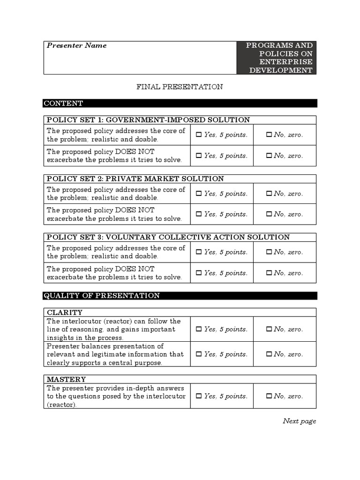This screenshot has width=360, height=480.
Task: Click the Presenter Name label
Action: tap(76, 45)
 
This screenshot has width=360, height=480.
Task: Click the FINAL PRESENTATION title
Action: tap(180, 87)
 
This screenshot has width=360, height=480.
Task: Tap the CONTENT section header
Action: tap(63, 103)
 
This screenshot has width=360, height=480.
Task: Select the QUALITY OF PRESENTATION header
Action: tap(102, 296)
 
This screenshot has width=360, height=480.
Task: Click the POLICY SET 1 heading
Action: tap(148, 120)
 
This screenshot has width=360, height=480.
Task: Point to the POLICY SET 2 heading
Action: tap(135, 179)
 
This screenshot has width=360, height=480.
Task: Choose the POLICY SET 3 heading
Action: tap(168, 237)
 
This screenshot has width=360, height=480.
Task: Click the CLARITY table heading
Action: tap(65, 312)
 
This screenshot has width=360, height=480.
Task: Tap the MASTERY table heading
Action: tap(66, 379)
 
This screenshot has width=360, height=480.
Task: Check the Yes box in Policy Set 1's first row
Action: tap(198, 135)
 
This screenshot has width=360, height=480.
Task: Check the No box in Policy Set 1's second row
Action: tap(269, 156)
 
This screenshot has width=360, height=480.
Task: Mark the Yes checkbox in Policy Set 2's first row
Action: tap(198, 194)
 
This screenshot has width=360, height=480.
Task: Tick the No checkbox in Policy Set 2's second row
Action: tap(269, 214)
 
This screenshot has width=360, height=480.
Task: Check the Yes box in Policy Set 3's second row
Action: tap(198, 273)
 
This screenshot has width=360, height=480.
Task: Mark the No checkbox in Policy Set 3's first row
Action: tap(269, 252)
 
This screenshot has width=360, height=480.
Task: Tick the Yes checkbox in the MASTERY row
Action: tap(198, 396)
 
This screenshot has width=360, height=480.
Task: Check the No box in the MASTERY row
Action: tap(269, 396)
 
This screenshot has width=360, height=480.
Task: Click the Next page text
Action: tap(299, 421)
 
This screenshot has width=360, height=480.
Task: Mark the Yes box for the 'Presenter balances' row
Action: tap(198, 354)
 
